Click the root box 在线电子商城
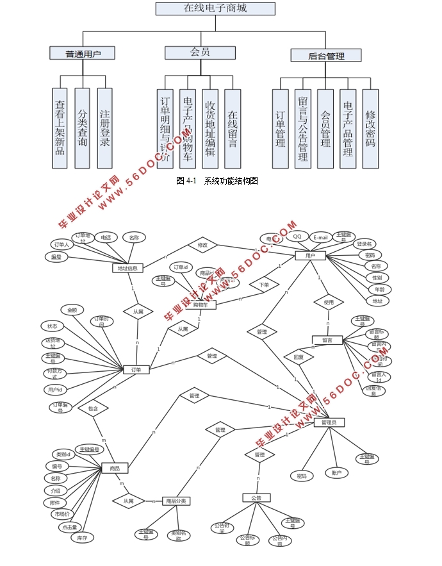click(215, 8)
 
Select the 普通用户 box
click(83, 54)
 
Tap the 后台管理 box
click(326, 56)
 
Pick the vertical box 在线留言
click(233, 128)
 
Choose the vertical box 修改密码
click(370, 128)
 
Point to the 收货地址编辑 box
click(210, 128)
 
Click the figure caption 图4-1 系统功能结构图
click(217, 181)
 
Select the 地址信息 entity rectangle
click(127, 268)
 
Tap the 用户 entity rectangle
click(310, 256)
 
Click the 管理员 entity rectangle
click(332, 422)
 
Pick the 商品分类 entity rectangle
click(176, 501)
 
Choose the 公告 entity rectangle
click(256, 497)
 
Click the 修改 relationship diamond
click(202, 245)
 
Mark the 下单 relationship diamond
click(264, 284)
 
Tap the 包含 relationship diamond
click(94, 408)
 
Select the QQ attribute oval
click(297, 237)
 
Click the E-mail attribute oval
click(321, 237)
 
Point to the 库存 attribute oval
click(82, 538)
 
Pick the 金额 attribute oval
click(72, 310)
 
